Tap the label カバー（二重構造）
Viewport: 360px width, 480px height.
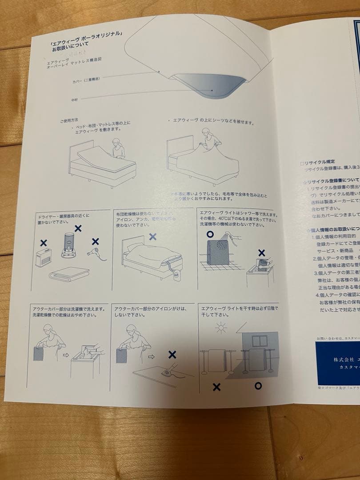point(86,80)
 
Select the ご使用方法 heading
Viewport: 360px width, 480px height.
point(69,120)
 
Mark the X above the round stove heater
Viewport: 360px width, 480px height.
point(78,228)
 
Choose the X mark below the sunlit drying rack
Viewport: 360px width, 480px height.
point(216,387)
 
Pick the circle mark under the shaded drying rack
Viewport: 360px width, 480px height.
point(258,385)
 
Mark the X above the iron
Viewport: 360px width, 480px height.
point(172,354)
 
